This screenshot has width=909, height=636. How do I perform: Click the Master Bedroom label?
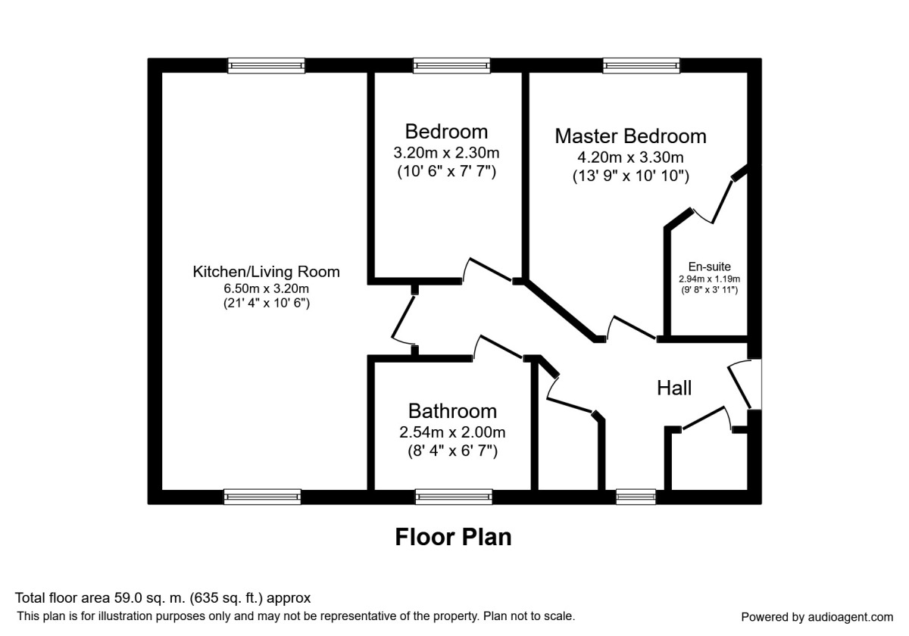[630, 136]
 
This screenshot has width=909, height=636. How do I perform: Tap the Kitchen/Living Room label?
[266, 272]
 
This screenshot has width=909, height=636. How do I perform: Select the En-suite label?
[709, 267]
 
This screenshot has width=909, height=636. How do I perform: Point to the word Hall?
[674, 388]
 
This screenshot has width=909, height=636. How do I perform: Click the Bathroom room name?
[452, 411]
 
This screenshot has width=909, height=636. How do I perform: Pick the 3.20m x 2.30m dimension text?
[446, 153]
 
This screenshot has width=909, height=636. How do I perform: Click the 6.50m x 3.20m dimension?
[266, 288]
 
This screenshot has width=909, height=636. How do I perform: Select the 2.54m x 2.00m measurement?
[452, 432]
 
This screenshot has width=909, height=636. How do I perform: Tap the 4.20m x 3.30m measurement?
[630, 157]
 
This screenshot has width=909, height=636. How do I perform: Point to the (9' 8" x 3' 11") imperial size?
[709, 290]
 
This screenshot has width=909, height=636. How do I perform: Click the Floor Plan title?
[453, 537]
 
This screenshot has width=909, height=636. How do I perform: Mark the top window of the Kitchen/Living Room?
[266, 65]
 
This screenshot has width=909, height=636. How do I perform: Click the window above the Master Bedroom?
[641, 65]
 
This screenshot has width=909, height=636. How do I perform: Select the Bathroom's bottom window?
[454, 497]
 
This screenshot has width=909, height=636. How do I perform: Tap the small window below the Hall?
[636, 497]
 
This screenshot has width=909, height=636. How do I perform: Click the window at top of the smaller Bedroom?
[451, 65]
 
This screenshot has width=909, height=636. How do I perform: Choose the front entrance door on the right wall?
[739, 386]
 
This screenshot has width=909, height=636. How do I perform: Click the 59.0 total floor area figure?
[127, 598]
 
